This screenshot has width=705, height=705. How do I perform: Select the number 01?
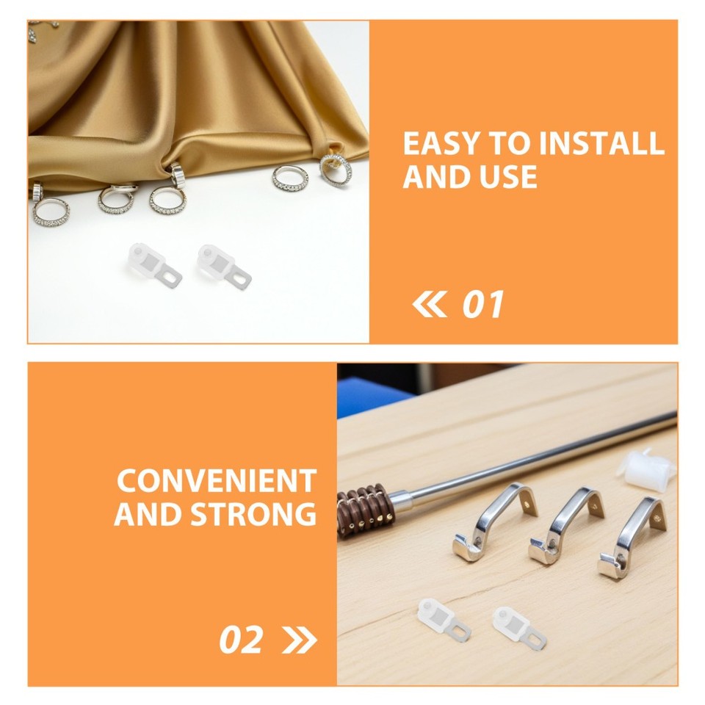point(482,305)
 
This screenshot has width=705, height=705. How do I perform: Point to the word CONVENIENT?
point(216,482)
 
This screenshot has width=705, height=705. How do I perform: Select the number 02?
point(241,640)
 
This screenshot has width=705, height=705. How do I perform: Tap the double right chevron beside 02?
point(299,640)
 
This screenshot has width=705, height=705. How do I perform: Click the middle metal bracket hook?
point(565,527)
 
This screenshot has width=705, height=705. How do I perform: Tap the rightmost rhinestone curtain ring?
point(336,169)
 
